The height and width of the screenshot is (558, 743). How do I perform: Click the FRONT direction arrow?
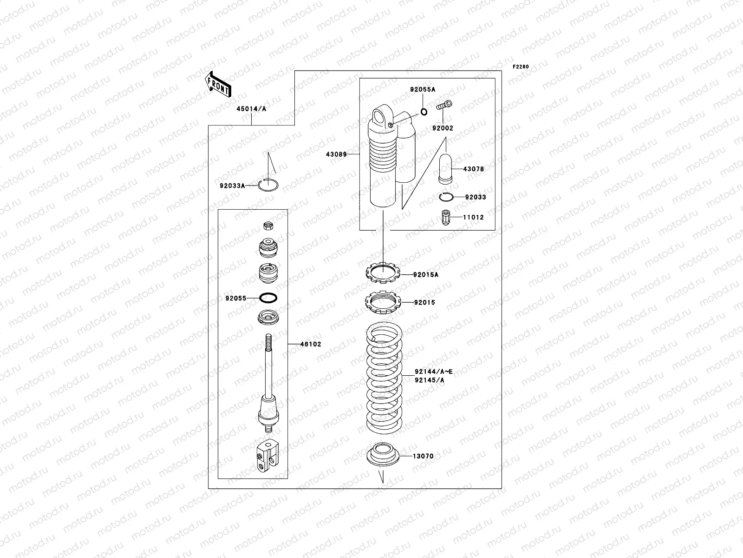click(217, 84)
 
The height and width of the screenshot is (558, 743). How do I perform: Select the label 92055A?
click(422, 89)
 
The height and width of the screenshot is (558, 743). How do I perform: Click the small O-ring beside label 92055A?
click(424, 112)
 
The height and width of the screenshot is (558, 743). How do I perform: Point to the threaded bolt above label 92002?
click(444, 106)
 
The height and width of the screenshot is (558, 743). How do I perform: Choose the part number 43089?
click(336, 154)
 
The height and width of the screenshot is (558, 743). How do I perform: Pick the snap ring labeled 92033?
click(447, 197)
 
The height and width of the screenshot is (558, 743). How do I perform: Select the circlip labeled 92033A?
click(269, 185)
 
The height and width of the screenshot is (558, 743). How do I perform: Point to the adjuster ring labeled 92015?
click(383, 302)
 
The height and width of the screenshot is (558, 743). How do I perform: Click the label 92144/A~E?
click(434, 372)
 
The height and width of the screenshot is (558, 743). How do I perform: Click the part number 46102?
click(310, 344)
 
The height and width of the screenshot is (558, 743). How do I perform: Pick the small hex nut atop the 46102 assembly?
click(267, 226)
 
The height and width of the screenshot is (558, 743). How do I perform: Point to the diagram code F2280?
click(521, 67)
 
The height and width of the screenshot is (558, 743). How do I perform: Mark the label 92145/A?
click(429, 380)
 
